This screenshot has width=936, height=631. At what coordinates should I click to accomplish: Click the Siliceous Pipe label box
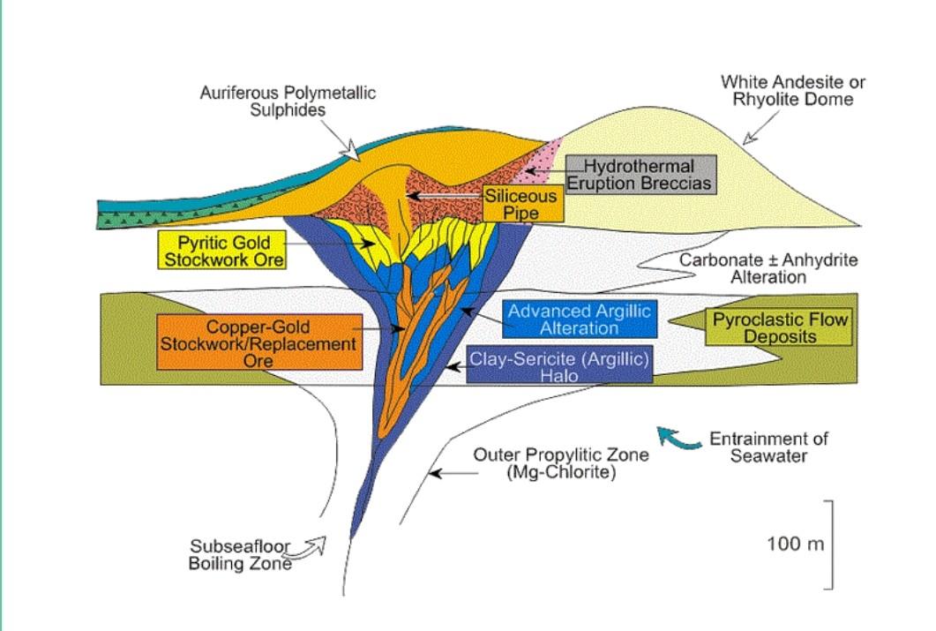coord(523,204)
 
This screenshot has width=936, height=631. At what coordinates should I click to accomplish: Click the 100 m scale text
coord(795,543)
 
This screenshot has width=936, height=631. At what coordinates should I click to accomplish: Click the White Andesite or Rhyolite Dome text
coord(792,90)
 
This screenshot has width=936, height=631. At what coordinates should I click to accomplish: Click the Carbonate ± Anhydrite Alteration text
coord(768,268)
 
